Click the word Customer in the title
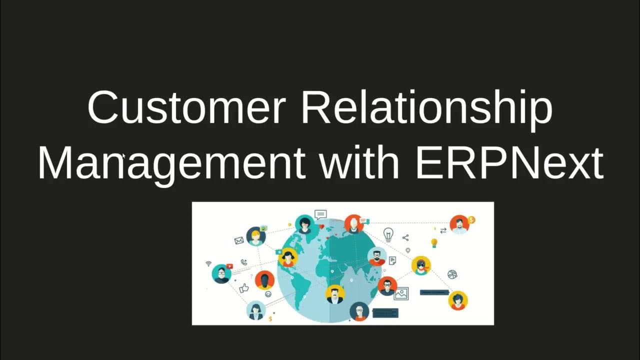[186, 108]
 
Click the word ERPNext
[509, 163]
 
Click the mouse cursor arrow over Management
[124, 156]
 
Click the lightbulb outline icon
[388, 234]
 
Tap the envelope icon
[238, 240]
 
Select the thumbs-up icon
[244, 288]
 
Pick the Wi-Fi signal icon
[208, 263]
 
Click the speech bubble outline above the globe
[320, 215]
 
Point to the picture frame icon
[401, 293]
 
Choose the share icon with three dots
[405, 238]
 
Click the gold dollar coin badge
[471, 219]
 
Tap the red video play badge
[229, 266]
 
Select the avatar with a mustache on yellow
[334, 294]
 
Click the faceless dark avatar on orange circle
[264, 280]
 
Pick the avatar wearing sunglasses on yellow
[421, 265]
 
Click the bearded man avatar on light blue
[377, 257]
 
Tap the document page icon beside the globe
[392, 260]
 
